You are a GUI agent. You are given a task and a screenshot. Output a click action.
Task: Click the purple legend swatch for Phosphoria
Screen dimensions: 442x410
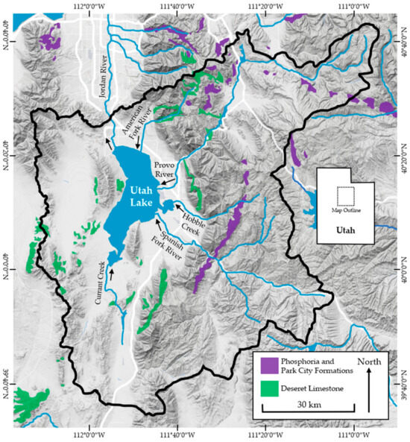coord(269,365)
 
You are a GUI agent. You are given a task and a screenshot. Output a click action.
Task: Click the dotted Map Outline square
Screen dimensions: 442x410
coord(345,196)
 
